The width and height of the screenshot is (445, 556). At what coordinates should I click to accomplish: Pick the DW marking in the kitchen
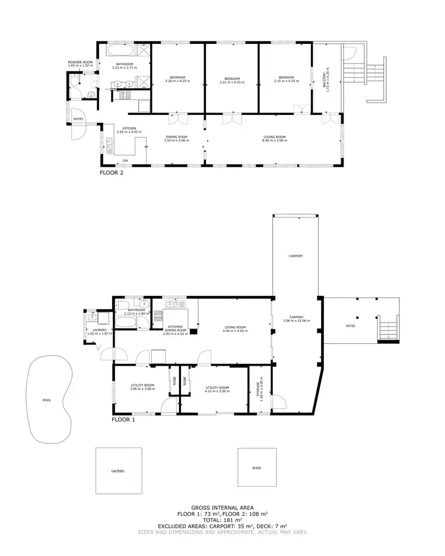point(125,161)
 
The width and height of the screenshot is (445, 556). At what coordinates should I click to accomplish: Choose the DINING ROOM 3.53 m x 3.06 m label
point(176,139)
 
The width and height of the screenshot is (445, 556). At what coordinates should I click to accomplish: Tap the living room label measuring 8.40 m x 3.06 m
point(275,139)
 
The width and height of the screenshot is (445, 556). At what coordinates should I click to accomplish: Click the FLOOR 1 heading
point(123,419)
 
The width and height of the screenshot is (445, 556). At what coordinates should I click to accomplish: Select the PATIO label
point(351,325)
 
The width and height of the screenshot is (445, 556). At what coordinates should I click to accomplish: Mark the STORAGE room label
point(260,392)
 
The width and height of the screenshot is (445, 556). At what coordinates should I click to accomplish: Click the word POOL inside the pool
point(47,400)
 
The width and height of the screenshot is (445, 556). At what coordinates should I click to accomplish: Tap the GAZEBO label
point(118,471)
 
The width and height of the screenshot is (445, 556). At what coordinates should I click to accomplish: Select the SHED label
point(256,468)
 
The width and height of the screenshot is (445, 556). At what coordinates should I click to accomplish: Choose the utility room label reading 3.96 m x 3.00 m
point(142,388)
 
